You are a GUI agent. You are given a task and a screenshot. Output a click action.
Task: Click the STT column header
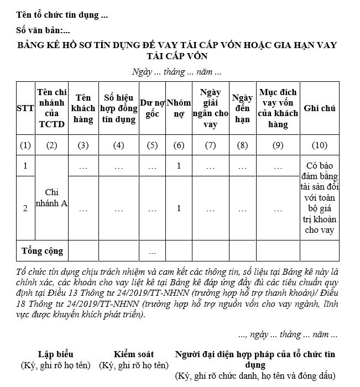pyautogui.click(x=25, y=108)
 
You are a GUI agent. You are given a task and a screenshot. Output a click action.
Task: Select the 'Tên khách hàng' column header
pyautogui.click(x=83, y=108)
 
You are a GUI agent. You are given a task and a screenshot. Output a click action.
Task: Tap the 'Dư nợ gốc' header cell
pyautogui.click(x=153, y=108)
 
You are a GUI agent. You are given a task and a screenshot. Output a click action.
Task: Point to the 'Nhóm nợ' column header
pyautogui.click(x=179, y=108)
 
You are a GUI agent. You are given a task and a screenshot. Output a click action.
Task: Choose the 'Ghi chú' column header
pyautogui.click(x=320, y=108)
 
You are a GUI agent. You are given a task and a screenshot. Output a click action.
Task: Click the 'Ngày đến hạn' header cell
pyautogui.click(x=242, y=108)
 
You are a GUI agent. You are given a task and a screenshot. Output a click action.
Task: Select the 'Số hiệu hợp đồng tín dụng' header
pyautogui.click(x=118, y=108)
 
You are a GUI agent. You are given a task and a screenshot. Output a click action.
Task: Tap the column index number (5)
pyautogui.click(x=153, y=145)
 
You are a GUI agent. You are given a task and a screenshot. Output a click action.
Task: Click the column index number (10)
pyautogui.click(x=320, y=145)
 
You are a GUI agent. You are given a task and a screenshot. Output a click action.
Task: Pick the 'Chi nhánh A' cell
pyautogui.click(x=52, y=198)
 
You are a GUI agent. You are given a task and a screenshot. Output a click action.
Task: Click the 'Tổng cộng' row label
pyautogui.click(x=42, y=251)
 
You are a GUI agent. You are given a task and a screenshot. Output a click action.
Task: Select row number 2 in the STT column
pyautogui.click(x=25, y=208)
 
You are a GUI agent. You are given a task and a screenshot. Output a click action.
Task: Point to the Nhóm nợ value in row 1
pyautogui.click(x=179, y=166)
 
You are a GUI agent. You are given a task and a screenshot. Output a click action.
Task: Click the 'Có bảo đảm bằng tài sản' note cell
pyautogui.click(x=320, y=198)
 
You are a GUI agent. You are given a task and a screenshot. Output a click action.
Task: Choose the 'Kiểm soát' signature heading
pyautogui.click(x=134, y=354)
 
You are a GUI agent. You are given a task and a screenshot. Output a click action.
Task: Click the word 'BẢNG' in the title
pyautogui.click(x=33, y=45)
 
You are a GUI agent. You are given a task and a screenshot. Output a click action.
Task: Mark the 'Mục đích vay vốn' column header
pyautogui.click(x=278, y=108)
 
